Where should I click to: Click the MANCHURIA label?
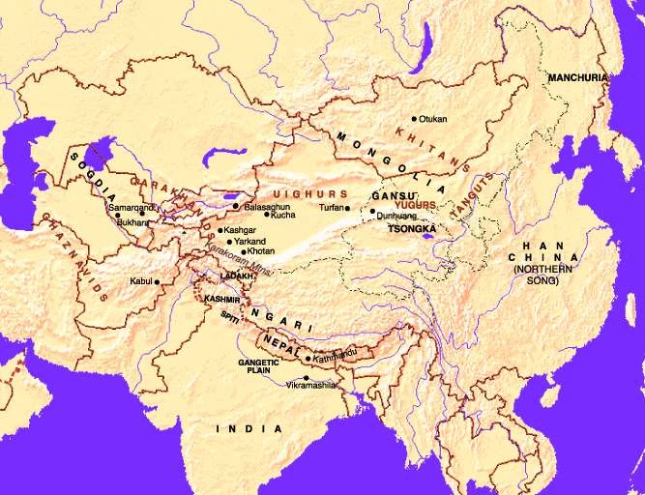point(577,76)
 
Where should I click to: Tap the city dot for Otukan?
point(415,119)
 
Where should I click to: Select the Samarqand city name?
point(131,208)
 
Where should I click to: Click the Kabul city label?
point(140,281)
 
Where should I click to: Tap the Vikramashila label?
point(311,385)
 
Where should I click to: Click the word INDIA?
point(249,427)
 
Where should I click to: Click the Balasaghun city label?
point(268,206)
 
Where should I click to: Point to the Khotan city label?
point(261,251)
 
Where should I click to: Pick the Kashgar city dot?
point(219,230)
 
